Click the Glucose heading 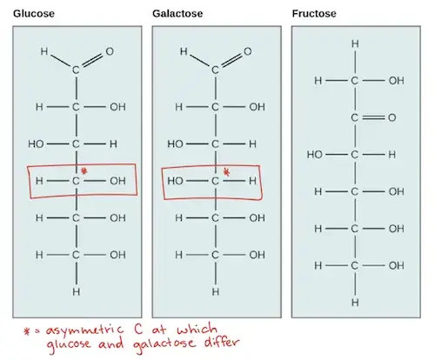coord(34,14)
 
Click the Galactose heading coord(177,14)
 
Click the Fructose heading coord(314,14)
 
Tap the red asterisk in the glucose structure coord(84,171)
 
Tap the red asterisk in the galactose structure coord(227,173)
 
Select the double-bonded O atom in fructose coord(392,117)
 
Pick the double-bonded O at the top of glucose coord(110,51)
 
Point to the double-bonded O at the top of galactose coord(247,51)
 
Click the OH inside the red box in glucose coord(117,181)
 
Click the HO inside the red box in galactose coord(175,181)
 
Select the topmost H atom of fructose coord(355,44)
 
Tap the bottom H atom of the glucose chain coord(76,291)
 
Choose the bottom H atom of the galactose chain coord(215,291)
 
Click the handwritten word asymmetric coord(84,330)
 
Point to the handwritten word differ coord(222,342)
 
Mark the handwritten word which coord(197,330)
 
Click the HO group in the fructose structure coord(315,155)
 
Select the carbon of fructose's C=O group coord(354,117)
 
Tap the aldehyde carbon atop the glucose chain coord(76,70)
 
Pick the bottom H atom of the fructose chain coord(355,303)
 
